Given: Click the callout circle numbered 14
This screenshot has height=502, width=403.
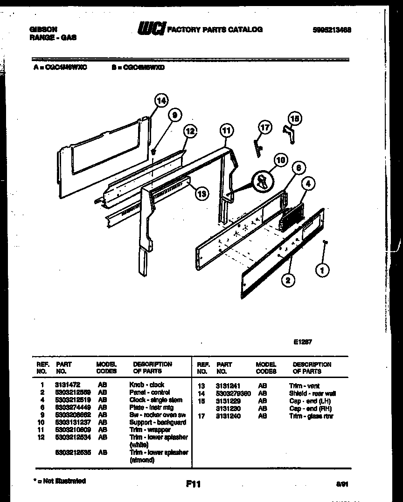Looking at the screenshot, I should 160,100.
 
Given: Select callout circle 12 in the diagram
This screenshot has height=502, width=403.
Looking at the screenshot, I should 189,131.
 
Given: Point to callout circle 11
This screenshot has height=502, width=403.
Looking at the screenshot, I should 226,131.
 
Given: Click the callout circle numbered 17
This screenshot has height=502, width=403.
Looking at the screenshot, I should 264,127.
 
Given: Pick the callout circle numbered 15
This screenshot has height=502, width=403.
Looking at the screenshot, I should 295,119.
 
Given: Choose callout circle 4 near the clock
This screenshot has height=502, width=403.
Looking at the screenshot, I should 307,184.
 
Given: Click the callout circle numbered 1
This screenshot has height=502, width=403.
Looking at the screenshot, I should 321,269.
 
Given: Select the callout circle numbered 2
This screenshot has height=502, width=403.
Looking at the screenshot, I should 288,280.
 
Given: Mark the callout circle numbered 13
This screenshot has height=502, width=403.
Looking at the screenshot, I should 201,194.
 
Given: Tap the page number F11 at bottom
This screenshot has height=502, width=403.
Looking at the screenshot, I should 193,484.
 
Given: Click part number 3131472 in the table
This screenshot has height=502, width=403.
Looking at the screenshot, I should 68,385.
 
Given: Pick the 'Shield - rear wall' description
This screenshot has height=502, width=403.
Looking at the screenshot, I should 312,393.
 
